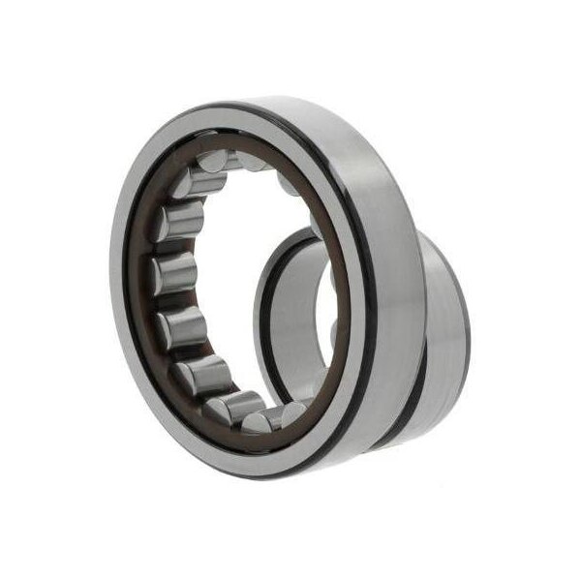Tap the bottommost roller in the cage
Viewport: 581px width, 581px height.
(x=281, y=417)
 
